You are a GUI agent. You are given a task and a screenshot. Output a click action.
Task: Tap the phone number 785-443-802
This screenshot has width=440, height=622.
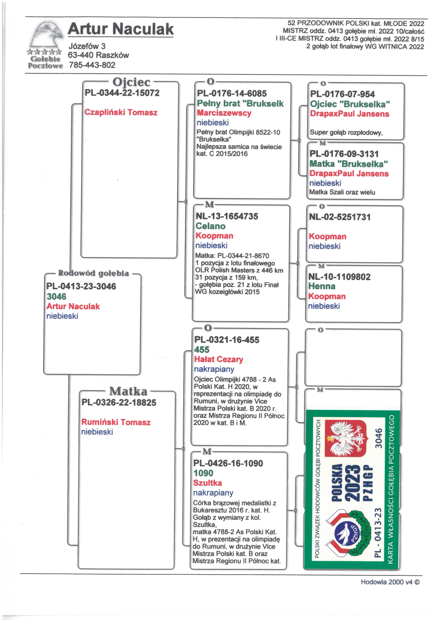pos(92,65)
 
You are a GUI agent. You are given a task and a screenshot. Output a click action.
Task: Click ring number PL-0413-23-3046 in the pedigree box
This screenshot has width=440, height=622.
pos(81,286)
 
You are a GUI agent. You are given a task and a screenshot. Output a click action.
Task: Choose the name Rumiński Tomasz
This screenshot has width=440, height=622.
pos(116,422)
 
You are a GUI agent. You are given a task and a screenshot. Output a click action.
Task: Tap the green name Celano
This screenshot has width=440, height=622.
pos(211,226)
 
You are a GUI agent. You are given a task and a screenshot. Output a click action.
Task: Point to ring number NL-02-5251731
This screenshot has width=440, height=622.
pos(339,217)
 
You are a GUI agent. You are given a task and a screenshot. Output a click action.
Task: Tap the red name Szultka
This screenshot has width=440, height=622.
pos(208,483)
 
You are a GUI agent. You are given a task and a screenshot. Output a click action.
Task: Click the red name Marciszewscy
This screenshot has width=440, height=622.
pos(224,113)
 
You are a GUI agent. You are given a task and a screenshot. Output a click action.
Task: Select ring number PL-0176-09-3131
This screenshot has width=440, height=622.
pos(344,154)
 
